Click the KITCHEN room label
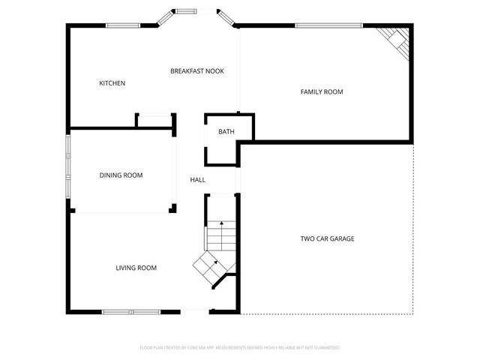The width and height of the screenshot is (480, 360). coord(112,83)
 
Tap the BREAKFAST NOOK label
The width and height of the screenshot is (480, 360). coord(196,71)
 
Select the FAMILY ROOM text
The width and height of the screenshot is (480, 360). coord(322,92)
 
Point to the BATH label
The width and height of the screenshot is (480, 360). coord(226,132)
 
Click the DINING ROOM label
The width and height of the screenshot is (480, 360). coord(121,175)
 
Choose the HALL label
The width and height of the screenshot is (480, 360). coord(197,180)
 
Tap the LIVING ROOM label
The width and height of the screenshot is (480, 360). coord(136,268)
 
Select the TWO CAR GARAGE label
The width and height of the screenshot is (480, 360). coord(327,239)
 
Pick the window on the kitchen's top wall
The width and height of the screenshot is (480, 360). coord(122,25)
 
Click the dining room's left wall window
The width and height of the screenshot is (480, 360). coord(68,171)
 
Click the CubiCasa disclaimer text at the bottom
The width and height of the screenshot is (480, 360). coord(240,348)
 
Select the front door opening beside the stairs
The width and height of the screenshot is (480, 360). coord(196,311)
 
